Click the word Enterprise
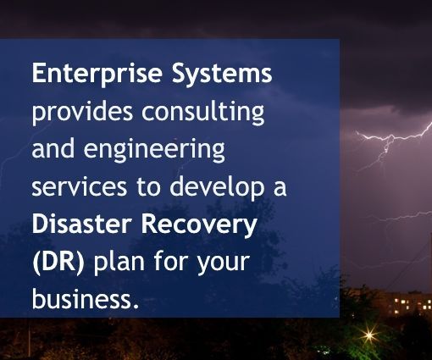tap(97, 74)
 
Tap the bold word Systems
tap(222, 74)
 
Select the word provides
tap(82, 112)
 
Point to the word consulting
tap(203, 112)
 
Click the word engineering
tap(154, 150)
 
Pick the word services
tap(80, 187)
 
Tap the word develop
tap(217, 187)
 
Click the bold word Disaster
tap(82, 224)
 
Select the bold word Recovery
tap(199, 225)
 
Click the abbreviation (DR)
tap(58, 263)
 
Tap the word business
tap(81, 299)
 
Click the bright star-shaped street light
tap(369, 335)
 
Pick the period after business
tap(136, 306)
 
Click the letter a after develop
tap(280, 189)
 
